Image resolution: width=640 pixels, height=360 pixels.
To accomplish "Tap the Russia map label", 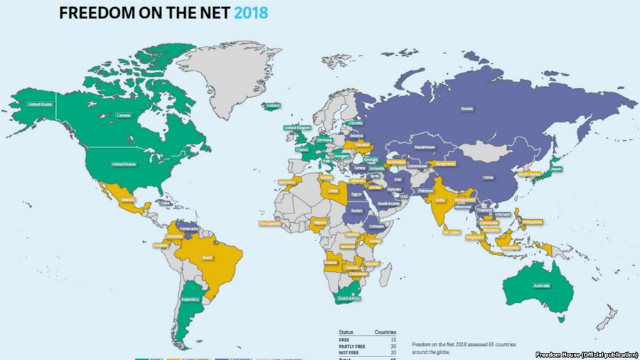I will click(x=467, y=110).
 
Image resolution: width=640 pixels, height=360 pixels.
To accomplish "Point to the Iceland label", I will click(x=272, y=106).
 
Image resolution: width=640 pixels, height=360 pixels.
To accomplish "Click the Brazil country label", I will click(x=208, y=257).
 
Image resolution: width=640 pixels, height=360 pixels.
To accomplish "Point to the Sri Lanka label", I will click(x=451, y=232).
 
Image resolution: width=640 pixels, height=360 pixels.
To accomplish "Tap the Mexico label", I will click(x=129, y=200).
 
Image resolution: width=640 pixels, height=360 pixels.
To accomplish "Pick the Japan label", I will click(x=556, y=169).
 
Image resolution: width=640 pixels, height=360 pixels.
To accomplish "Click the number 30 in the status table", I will click(x=392, y=346).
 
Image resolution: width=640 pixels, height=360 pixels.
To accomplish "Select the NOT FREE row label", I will click(x=349, y=353).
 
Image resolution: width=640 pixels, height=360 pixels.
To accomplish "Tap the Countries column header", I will click(x=385, y=332).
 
